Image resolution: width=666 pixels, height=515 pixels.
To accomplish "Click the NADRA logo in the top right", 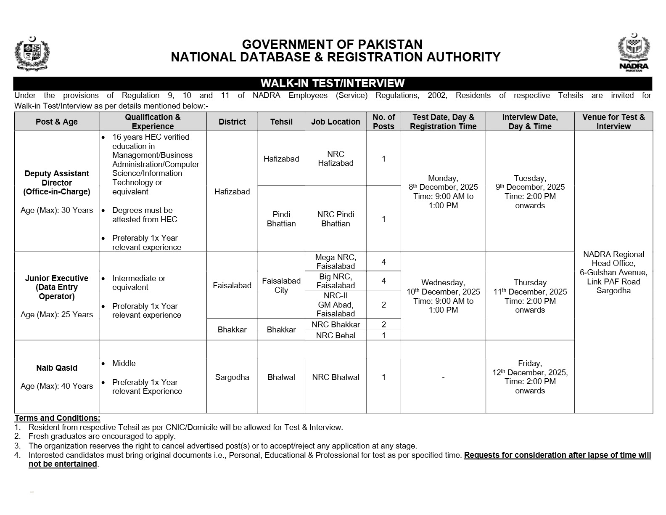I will (x=634, y=53).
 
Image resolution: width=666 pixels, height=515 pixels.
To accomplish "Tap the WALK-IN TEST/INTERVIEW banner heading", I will (x=332, y=83).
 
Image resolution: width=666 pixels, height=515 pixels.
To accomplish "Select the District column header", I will (x=232, y=122).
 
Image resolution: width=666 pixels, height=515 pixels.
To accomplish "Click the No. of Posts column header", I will (x=383, y=122).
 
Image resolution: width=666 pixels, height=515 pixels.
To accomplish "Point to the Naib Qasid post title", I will (x=57, y=368).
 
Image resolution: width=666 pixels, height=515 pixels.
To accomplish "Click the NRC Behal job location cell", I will (x=336, y=335).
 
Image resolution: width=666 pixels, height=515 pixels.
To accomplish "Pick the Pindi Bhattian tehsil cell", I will (x=281, y=219).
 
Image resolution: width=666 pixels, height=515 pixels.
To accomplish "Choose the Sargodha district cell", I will (x=232, y=377).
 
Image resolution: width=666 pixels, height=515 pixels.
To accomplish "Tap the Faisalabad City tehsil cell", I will (x=281, y=285).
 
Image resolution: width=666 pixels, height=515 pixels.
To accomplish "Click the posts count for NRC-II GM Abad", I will (x=383, y=304).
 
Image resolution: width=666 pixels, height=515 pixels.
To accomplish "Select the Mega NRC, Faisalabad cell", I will (x=336, y=262).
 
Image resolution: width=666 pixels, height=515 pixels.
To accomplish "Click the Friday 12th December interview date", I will (x=530, y=377).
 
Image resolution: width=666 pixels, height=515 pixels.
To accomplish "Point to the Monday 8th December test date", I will (x=443, y=191).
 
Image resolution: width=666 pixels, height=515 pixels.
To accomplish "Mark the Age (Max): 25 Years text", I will (x=57, y=314).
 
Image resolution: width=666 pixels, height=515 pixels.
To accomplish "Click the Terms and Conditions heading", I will (x=58, y=418).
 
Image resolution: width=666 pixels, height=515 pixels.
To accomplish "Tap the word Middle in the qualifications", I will (x=124, y=363).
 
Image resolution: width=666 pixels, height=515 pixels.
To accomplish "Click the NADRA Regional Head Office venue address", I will (x=613, y=272).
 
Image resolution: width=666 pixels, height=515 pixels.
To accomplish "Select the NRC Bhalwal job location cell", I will (x=336, y=377).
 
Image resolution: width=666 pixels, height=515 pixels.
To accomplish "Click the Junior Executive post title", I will (x=57, y=287).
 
